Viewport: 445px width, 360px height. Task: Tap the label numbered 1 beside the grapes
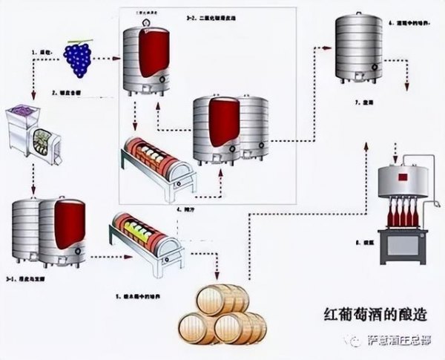[40, 53]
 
